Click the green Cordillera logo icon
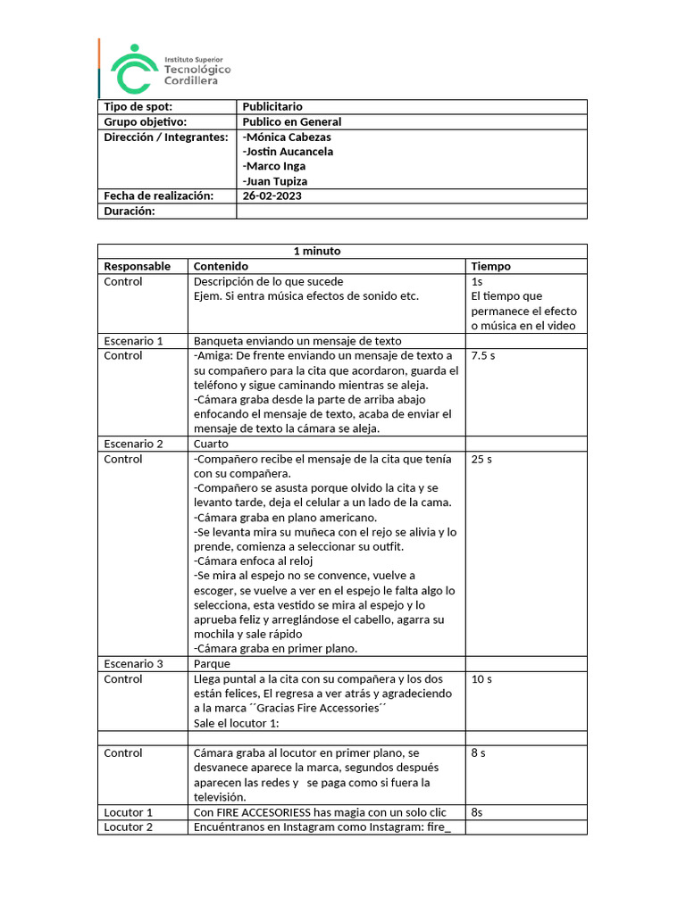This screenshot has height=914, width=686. pyautogui.click(x=134, y=69)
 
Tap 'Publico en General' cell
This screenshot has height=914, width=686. pyautogui.click(x=292, y=121)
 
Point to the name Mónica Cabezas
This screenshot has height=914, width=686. pyautogui.click(x=287, y=137)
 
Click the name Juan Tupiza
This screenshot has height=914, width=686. pyautogui.click(x=275, y=181)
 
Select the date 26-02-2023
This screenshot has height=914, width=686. pyautogui.click(x=272, y=195)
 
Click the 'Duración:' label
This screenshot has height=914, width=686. pyautogui.click(x=130, y=211)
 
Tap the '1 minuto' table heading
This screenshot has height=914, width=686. pyautogui.click(x=317, y=251)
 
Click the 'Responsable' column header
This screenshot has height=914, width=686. pyautogui.click(x=137, y=266)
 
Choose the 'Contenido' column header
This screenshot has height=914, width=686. pyautogui.click(x=221, y=266)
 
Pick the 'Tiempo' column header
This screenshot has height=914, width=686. pyautogui.click(x=490, y=266)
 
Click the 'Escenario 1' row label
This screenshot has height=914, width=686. pyautogui.click(x=133, y=340)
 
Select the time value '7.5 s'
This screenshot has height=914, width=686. pyautogui.click(x=483, y=355)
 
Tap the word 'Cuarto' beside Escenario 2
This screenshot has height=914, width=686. pyautogui.click(x=211, y=444)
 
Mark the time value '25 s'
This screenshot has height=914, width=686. pyautogui.click(x=481, y=459)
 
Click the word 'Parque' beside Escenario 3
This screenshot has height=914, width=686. pyautogui.click(x=212, y=664)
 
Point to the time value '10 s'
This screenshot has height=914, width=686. pyautogui.click(x=481, y=679)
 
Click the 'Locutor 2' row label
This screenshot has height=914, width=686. pyautogui.click(x=129, y=827)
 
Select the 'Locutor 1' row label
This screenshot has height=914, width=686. pyautogui.click(x=129, y=812)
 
